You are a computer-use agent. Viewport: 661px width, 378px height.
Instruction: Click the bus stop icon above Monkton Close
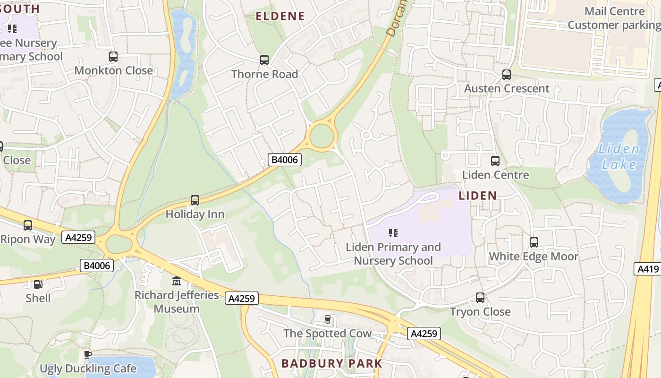pos(113,57)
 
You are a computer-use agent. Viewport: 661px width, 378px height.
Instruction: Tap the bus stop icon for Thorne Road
pos(264,60)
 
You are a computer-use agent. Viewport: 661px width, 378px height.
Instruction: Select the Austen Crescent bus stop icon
pos(507,75)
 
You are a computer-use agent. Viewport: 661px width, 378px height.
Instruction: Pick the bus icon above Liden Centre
pos(495,161)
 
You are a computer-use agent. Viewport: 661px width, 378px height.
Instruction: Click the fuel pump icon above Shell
pos(38,284)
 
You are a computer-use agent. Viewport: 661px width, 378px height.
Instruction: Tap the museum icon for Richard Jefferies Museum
pos(177,281)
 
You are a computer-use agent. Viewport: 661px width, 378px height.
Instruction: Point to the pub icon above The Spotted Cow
pos(328,320)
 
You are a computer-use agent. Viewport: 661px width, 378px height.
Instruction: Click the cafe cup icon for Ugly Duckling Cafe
pos(87,354)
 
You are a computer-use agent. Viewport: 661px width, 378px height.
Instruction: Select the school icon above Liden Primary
pos(393,233)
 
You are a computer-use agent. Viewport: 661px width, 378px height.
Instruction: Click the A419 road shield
pos(648,269)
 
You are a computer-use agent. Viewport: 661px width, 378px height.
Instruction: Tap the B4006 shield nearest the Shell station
pos(97,266)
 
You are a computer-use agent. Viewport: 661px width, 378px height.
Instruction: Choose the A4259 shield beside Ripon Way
pos(78,237)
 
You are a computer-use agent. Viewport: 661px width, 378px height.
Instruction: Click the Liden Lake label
pos(619,157)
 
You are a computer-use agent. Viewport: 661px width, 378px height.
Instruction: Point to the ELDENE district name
pos(280,17)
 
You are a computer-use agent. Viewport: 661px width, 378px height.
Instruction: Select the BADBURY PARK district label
pos(331,363)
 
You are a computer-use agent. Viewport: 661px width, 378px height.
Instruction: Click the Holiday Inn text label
pos(195,215)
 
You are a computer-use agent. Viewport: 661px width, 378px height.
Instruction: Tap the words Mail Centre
pos(614,11)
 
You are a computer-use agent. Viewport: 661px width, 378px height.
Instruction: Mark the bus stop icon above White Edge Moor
pos(534,242)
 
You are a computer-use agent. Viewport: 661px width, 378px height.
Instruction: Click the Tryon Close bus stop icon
pos(480,298)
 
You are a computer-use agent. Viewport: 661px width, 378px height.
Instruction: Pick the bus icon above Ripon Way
pos(28,225)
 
